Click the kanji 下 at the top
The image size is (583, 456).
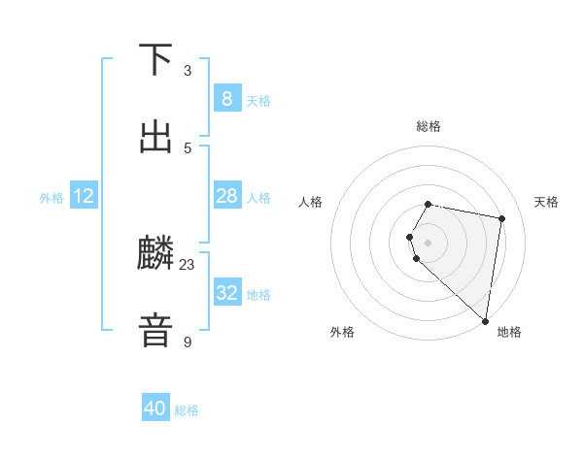(155, 60)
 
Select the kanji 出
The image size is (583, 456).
(155, 136)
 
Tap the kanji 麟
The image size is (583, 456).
(155, 254)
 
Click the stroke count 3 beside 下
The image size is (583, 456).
(188, 71)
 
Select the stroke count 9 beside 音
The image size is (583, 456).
(188, 342)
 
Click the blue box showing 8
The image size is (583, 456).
(226, 98)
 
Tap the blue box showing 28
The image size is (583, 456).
(226, 196)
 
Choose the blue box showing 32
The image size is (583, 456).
(226, 293)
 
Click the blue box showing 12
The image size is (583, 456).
(84, 196)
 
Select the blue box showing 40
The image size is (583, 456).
(155, 408)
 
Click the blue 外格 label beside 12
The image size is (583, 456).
(51, 198)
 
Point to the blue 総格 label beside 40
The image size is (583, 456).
(187, 410)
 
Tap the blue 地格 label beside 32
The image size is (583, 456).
(258, 295)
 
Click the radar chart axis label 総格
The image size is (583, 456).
(429, 126)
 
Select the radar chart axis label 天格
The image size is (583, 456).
(546, 202)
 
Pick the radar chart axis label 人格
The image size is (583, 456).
(311, 202)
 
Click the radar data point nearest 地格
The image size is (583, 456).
(486, 321)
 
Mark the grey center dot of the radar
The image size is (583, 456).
(429, 242)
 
